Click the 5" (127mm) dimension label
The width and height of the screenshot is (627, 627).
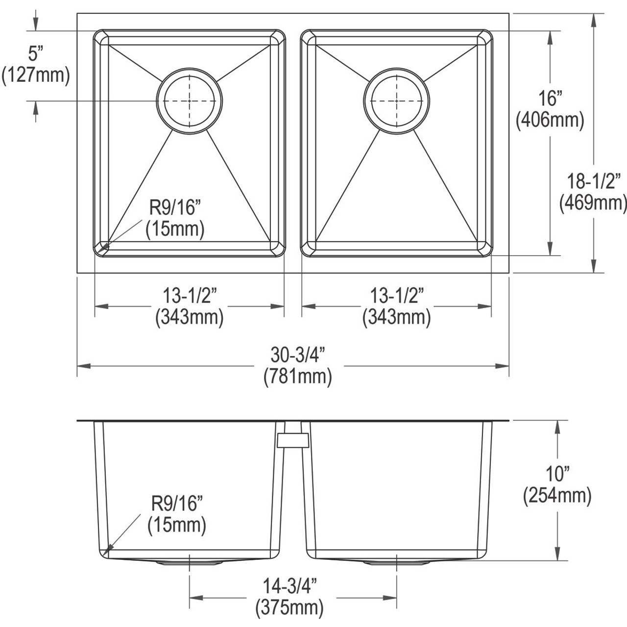(x=35, y=64)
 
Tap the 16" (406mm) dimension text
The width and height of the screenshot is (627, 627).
(x=550, y=109)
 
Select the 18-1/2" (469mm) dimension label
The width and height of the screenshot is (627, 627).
(x=593, y=192)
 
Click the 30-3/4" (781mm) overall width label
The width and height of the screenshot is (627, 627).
(x=297, y=365)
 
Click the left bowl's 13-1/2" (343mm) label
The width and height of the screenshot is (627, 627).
(x=189, y=307)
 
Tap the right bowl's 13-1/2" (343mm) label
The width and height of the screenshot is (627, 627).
(x=396, y=307)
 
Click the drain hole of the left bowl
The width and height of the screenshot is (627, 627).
(x=189, y=100)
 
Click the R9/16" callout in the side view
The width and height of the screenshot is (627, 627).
(x=176, y=514)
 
